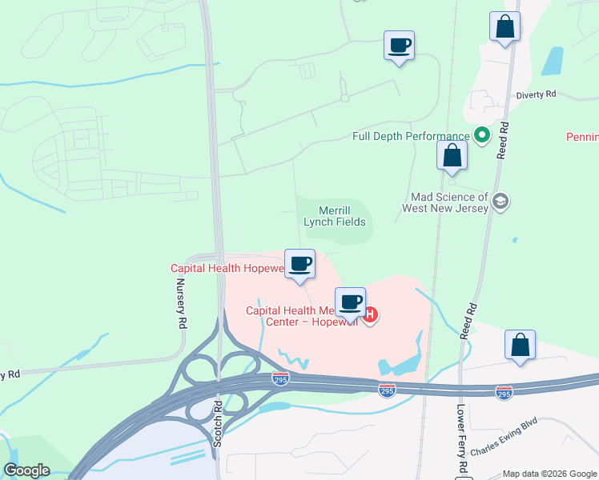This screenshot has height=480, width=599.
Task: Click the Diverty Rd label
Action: coord(536,94)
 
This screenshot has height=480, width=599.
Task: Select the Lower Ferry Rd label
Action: coord(462,436)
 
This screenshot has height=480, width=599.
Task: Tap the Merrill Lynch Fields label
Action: coord(335,215)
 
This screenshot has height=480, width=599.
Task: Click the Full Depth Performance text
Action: coord(411,136)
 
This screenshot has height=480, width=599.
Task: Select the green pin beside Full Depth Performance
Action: coord(482,136)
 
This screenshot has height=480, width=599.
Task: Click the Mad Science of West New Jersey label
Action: coord(449,202)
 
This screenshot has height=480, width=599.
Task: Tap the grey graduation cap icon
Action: coord(501,201)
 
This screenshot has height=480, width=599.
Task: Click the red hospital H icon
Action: coord(370,315)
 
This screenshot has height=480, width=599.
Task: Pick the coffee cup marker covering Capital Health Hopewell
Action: coord(300,264)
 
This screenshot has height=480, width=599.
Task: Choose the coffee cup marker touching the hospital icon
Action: coord(350,302)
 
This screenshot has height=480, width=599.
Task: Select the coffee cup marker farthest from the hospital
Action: coord(399,46)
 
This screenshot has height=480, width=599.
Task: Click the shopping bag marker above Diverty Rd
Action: coord(505,27)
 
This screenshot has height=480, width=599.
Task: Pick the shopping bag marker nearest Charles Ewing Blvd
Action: coord(520,346)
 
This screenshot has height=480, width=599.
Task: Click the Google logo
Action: coord(26,470)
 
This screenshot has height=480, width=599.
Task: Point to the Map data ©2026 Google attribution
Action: coord(549,473)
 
